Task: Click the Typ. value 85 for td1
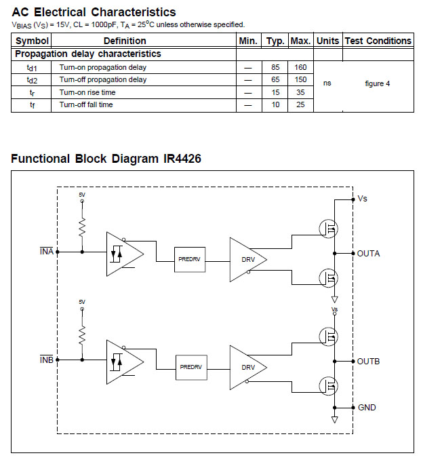pyautogui.click(x=275, y=67)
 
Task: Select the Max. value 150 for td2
pyautogui.click(x=300, y=80)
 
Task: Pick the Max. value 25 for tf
pyautogui.click(x=300, y=105)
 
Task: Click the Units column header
pyautogui.click(x=327, y=41)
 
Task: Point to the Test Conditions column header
pyautogui.click(x=378, y=41)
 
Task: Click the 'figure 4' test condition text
pyautogui.click(x=378, y=84)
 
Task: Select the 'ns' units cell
pyautogui.click(x=327, y=84)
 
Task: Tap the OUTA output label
pyautogui.click(x=369, y=254)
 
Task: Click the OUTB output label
pyautogui.click(x=369, y=362)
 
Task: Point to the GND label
pyautogui.click(x=367, y=408)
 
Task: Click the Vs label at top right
pyautogui.click(x=363, y=199)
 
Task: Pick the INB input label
pyautogui.click(x=47, y=360)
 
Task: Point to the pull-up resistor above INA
pyautogui.click(x=82, y=226)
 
